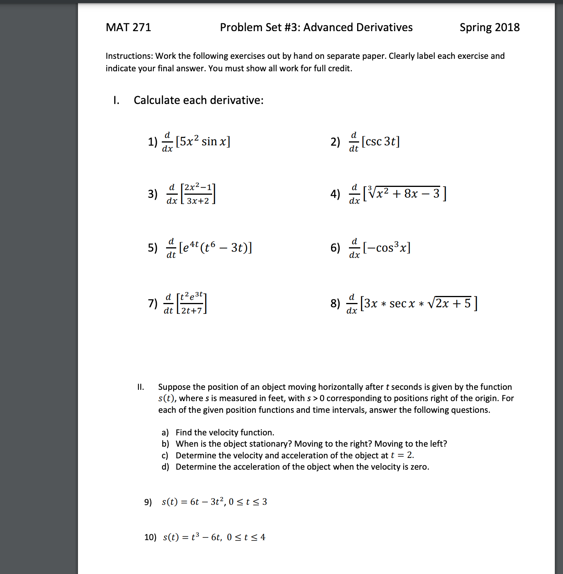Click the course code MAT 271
tap(128, 27)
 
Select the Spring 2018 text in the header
tap(489, 27)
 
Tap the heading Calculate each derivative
tap(198, 100)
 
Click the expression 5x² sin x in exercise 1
tap(203, 141)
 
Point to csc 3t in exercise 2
tap(381, 141)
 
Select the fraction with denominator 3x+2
tap(198, 194)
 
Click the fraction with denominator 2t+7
tap(191, 303)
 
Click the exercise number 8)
tap(335, 303)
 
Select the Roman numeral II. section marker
tap(140, 387)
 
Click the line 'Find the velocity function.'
tap(225, 433)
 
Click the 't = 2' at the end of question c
tap(402, 455)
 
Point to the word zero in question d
tap(419, 467)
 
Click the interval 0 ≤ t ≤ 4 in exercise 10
tap(246, 537)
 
